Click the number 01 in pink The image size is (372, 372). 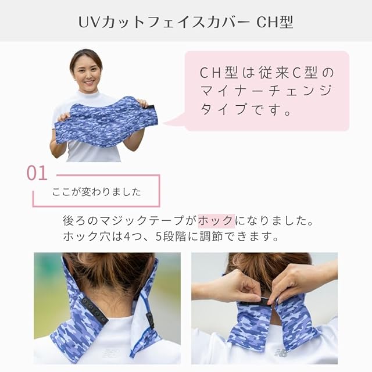(x=37, y=173)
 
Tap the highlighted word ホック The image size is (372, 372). (x=216, y=221)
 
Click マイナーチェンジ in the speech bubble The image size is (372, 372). (x=266, y=91)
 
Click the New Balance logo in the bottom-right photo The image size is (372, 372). (x=281, y=352)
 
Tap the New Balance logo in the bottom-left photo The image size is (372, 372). (x=110, y=353)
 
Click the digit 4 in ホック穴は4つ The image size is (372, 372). (x=127, y=237)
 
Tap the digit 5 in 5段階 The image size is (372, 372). (x=159, y=237)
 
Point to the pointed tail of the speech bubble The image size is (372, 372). (x=164, y=124)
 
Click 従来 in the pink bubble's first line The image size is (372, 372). (x=274, y=73)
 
